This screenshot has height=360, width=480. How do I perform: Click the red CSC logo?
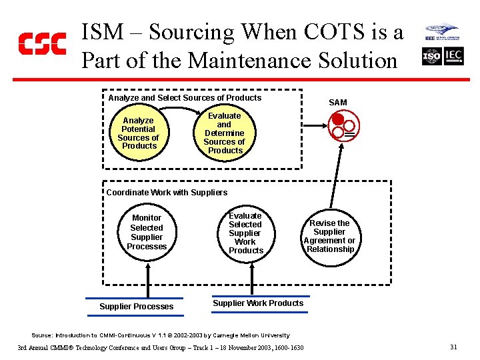click(42, 43)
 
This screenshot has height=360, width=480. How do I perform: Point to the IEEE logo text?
click(431, 39)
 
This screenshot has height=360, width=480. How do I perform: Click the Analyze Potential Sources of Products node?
click(139, 133)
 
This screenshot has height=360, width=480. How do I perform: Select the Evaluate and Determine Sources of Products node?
click(225, 133)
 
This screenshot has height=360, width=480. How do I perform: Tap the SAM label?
click(338, 102)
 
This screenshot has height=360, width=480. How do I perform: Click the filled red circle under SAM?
click(338, 120)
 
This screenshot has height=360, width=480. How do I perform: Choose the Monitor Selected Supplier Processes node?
click(147, 232)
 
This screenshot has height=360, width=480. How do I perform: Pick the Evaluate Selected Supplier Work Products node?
click(245, 233)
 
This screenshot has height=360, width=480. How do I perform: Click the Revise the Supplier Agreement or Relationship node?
click(329, 236)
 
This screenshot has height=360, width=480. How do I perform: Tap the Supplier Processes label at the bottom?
click(136, 307)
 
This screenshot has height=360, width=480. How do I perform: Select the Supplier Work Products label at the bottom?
click(258, 303)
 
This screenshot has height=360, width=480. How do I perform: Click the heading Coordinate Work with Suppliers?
click(167, 193)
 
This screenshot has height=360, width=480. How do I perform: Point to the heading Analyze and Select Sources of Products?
click(185, 98)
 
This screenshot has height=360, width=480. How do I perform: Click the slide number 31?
click(453, 347)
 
